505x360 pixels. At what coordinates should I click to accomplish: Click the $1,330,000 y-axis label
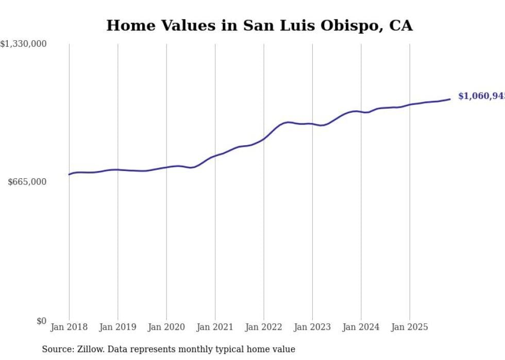coord(23,44)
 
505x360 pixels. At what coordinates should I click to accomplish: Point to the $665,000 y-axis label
coord(27,182)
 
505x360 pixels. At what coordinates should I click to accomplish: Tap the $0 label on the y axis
coord(42,321)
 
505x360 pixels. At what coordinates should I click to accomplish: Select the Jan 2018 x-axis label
coord(69,327)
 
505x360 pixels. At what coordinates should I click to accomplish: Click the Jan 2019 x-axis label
coord(118,327)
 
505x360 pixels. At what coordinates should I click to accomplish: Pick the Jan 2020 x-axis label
coord(166,327)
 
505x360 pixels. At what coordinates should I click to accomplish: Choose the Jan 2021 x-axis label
coord(215,327)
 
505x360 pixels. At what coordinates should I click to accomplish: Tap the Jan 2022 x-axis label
coord(264,327)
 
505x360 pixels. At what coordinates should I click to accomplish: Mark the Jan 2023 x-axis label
coord(312,327)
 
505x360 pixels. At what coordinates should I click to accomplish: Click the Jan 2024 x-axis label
coord(361,327)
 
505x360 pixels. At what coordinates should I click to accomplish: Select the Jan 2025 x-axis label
coord(410,327)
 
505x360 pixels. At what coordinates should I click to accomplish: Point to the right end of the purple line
coord(450,99)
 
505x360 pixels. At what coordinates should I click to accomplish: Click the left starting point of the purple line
coord(69,174)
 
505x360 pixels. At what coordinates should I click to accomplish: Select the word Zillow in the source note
coord(88,349)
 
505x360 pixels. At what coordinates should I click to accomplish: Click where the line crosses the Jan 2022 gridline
coord(264,138)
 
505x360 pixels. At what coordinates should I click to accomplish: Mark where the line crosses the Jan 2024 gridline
coord(361,112)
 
